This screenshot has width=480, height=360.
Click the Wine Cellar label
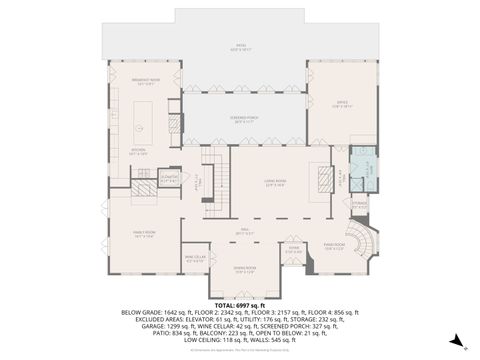pyautogui.click(x=195, y=257)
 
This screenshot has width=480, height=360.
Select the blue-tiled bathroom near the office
pyautogui.click(x=363, y=165)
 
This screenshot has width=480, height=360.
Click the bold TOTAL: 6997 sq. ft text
pyautogui.click(x=240, y=304)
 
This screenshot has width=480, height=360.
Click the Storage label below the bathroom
pyautogui.click(x=360, y=207)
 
